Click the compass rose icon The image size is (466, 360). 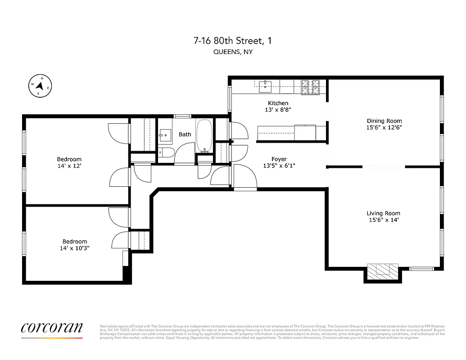[40, 85]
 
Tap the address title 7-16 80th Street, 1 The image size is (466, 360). [232, 41]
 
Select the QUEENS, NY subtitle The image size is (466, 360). [232, 52]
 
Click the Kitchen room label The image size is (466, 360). [278, 103]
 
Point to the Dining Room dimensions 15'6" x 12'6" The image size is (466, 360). [384, 127]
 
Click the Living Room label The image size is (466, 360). [383, 213]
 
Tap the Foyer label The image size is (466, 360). [279, 159]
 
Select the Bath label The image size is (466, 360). [185, 134]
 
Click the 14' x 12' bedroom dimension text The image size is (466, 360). [69, 166]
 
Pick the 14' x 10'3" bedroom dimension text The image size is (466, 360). [75, 248]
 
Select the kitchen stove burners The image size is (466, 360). [310, 87]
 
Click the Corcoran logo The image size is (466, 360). [52, 328]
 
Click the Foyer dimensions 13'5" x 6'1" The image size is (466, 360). [279, 166]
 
